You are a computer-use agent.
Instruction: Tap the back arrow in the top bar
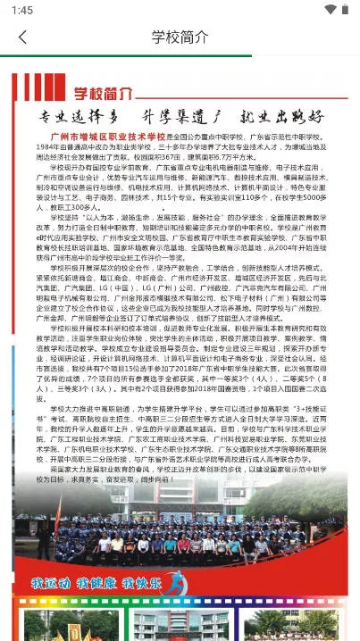22,37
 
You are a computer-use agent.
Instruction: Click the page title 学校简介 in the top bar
180,37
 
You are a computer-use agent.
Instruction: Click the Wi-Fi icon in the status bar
331,10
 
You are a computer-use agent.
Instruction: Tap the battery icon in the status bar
347,10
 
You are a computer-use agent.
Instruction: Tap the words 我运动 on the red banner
50,583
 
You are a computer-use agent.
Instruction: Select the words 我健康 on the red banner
96,583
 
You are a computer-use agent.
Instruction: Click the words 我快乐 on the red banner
141,583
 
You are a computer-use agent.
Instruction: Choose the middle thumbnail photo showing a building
179,624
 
